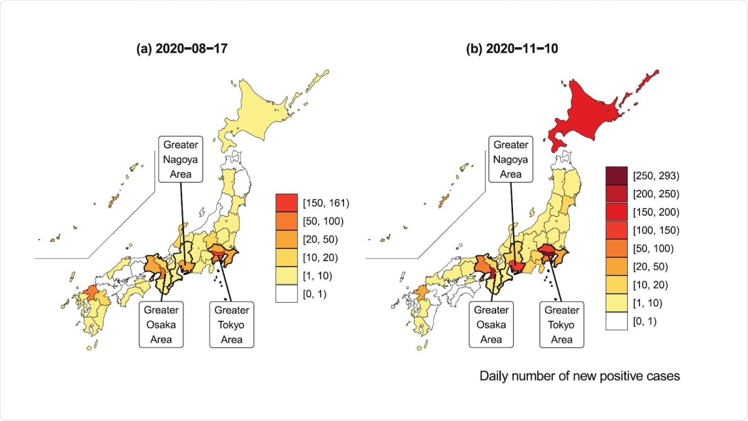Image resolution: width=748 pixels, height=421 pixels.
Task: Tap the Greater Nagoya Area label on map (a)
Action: point(180,159)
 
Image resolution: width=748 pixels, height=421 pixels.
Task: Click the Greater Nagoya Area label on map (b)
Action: point(511,159)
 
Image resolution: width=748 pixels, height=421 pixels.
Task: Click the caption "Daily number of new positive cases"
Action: point(580,376)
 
